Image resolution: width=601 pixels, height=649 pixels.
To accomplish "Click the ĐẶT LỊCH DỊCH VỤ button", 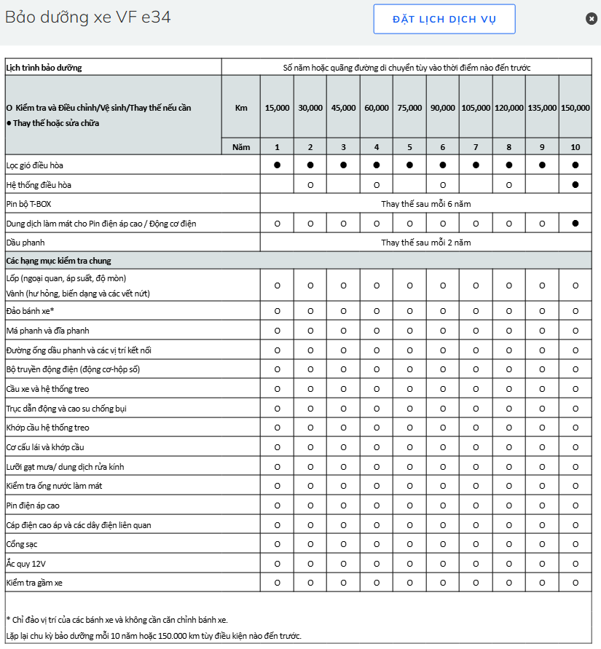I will click(444, 19).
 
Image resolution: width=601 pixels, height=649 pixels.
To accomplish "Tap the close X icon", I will click(592, 18).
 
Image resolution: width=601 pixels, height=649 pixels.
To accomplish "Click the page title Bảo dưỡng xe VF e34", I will click(88, 17).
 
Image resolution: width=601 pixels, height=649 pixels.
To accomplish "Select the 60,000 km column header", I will click(377, 108).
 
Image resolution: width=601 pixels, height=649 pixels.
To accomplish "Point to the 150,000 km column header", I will click(576, 108).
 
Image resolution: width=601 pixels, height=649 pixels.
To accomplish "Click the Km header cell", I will click(241, 108).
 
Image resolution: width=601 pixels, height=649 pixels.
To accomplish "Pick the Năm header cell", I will click(241, 147).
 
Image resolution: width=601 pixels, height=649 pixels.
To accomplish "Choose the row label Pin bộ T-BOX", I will click(30, 204).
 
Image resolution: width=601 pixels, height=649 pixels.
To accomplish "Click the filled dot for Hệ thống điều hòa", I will click(576, 185).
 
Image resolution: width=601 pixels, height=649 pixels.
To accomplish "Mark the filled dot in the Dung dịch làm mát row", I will click(576, 224).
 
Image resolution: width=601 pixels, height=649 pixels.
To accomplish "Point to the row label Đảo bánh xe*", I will click(30, 311).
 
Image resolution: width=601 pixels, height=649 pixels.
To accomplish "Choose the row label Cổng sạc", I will click(23, 544).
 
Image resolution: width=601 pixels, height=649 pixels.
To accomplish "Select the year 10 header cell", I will click(576, 147).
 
